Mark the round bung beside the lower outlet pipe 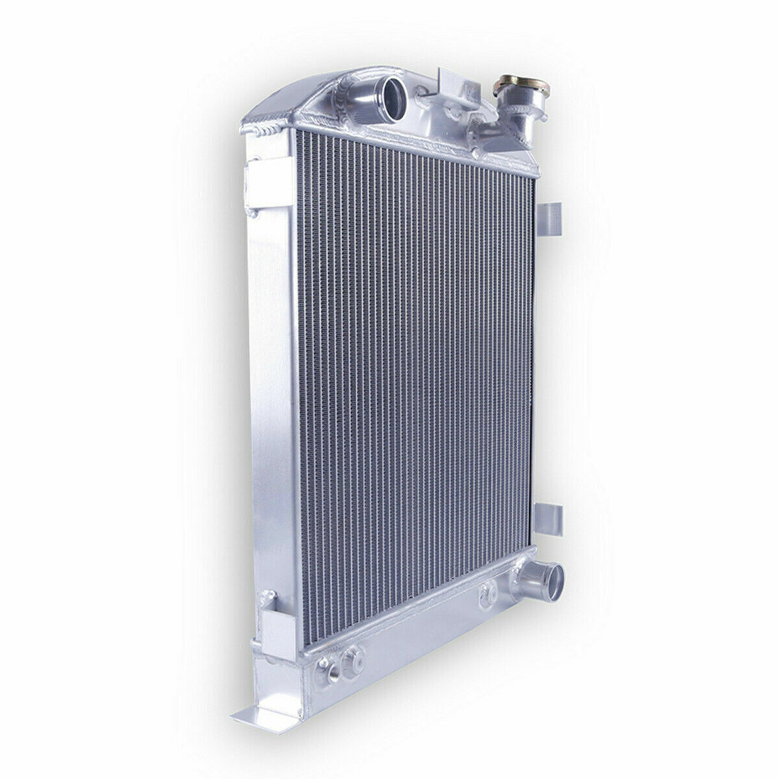tap(488, 590)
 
